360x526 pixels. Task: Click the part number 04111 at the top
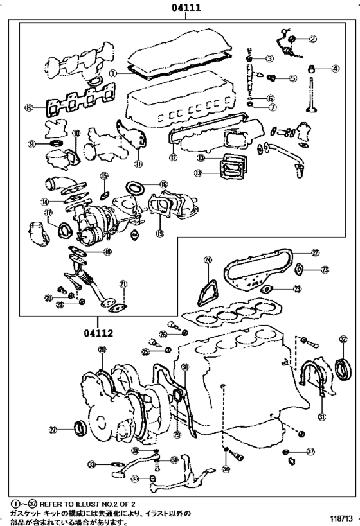186,8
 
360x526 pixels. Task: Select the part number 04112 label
98,333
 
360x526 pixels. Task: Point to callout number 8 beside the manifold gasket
28,108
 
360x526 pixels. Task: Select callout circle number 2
312,39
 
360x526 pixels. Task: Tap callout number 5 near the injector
292,79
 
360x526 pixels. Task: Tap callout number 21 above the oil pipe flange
123,283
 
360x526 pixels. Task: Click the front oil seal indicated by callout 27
81,426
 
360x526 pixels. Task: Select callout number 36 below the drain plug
226,469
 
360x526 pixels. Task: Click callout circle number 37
311,452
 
